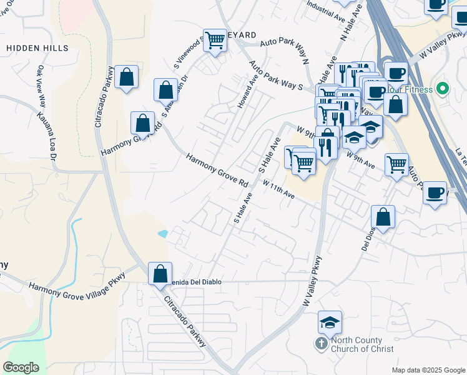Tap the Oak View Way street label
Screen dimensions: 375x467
[42, 87]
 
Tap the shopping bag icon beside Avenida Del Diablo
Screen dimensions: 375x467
[160, 273]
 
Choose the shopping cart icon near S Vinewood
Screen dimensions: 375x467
[215, 41]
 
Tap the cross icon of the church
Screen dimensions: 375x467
[321, 344]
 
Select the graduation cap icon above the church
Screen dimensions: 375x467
[330, 322]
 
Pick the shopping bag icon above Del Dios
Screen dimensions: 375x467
[383, 217]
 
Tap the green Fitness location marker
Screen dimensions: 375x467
[443, 89]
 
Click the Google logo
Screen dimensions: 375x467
[21, 367]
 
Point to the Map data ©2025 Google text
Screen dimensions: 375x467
[428, 369]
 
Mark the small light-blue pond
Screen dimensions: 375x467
[163, 234]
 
